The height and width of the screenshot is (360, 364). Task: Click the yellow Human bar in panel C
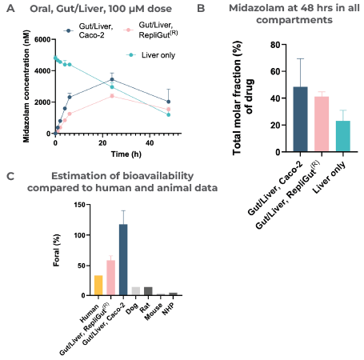[98, 286]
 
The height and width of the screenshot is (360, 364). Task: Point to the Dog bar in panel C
[135, 291]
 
